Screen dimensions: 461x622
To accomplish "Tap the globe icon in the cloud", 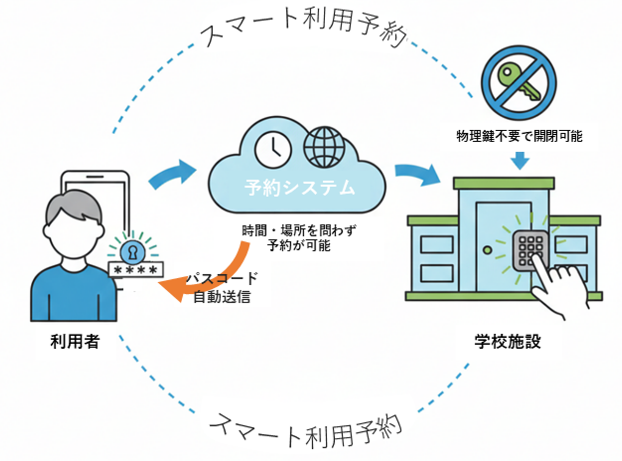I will [x=324, y=147].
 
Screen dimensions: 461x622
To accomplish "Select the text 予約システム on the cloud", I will [x=299, y=187].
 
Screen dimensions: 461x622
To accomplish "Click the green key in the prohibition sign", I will [x=517, y=82].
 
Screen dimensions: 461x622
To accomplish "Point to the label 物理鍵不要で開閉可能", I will [x=519, y=136].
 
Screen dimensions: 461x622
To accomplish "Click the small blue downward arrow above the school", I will [x=520, y=160].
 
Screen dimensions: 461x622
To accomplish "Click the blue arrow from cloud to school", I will [x=417, y=173].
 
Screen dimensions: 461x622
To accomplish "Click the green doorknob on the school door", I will [x=487, y=250].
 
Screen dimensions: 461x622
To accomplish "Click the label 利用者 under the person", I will [x=75, y=341].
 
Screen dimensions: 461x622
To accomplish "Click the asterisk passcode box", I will [x=136, y=270].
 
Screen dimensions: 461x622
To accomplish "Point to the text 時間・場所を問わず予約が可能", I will [x=299, y=238].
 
